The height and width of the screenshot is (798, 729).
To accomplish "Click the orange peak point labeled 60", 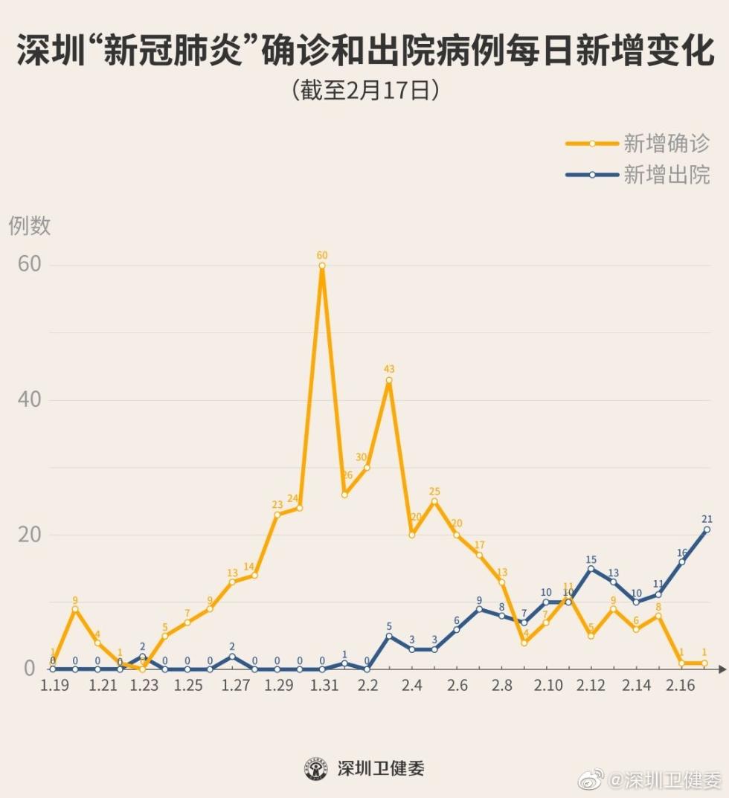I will pyautogui.click(x=322, y=266).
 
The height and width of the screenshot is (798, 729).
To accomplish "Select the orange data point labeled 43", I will pyautogui.click(x=389, y=380).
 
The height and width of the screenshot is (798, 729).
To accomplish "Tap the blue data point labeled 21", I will pyautogui.click(x=707, y=530).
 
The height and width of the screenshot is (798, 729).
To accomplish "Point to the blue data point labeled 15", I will pyautogui.click(x=591, y=569).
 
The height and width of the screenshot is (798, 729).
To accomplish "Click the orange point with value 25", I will pyautogui.click(x=434, y=501).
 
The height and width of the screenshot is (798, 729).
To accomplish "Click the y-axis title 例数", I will pyautogui.click(x=30, y=225).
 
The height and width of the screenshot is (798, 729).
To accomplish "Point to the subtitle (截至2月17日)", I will pyautogui.click(x=364, y=90).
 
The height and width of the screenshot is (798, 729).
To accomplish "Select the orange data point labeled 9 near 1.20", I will pyautogui.click(x=75, y=609).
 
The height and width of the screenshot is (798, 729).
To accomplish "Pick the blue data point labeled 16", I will pyautogui.click(x=681, y=562).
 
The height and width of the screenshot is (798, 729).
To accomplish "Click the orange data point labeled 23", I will pyautogui.click(x=277, y=515).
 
